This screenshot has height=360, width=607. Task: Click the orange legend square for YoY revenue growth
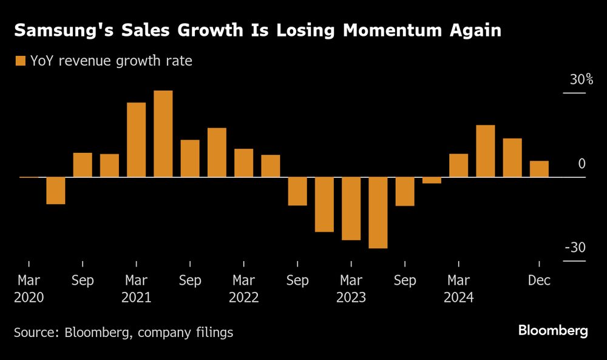point(20,61)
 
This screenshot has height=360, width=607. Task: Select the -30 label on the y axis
point(574,248)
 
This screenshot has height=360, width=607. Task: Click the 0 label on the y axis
point(582,164)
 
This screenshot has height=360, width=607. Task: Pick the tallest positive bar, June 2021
point(163,134)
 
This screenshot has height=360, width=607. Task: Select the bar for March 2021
point(136,140)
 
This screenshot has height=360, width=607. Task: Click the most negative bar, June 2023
point(378,212)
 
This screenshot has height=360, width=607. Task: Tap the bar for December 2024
point(539,169)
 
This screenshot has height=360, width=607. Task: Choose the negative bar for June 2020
point(56,191)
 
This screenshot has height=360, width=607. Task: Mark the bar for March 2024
point(458,166)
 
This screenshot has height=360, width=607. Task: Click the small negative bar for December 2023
point(432,180)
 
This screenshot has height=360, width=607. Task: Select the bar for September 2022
point(297,191)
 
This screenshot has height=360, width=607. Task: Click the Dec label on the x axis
point(539,280)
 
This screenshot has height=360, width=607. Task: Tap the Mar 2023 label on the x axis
point(351,289)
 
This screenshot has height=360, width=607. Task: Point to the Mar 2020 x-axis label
point(29,289)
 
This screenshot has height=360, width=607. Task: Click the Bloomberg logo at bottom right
point(552,331)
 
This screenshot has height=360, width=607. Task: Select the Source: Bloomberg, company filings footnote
point(123,332)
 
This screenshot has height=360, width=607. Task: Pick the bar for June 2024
point(485,151)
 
